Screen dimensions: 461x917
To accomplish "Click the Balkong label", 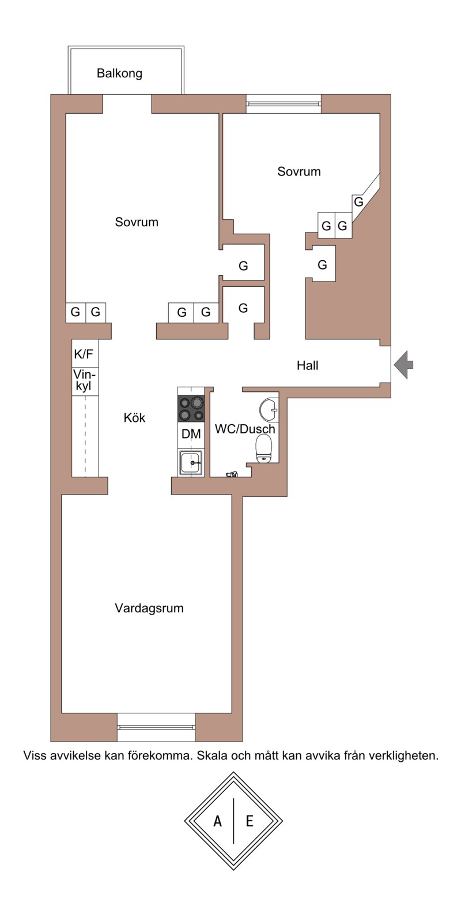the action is [119, 74].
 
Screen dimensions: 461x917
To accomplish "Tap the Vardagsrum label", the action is [149, 608].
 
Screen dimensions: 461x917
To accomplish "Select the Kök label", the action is [134, 418].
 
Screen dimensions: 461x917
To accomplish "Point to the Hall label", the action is [307, 365].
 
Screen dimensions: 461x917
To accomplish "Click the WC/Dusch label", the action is [245, 429].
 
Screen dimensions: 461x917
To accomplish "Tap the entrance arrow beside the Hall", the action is [403, 364].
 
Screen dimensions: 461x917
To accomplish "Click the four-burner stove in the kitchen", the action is [191, 409].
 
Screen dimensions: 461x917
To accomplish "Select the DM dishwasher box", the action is [191, 435].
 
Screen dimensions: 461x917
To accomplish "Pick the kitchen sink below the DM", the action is [191, 463].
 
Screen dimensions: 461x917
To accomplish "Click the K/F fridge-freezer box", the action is [85, 354].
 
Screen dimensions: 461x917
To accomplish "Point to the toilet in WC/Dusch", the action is [263, 448].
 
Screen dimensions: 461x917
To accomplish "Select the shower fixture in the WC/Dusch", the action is [232, 474].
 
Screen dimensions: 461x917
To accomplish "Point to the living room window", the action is [156, 728].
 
